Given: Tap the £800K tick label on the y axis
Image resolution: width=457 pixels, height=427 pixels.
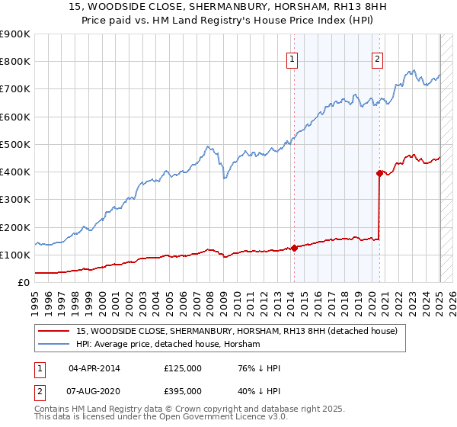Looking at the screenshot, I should (x=15, y=62).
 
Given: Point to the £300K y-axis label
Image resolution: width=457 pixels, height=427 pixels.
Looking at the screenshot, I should (x=15, y=200).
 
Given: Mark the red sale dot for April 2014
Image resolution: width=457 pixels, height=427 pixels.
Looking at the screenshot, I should (x=294, y=248).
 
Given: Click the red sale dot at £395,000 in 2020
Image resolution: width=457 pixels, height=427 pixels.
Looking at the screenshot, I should (x=379, y=173).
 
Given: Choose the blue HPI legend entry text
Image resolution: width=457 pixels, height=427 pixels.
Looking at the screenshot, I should (x=168, y=345).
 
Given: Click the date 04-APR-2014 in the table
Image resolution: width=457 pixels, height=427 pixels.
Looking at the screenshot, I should (x=94, y=368).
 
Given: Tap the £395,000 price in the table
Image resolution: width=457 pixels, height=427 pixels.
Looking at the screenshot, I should (x=183, y=390).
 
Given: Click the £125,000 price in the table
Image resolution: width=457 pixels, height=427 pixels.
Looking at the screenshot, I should (x=183, y=368).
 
